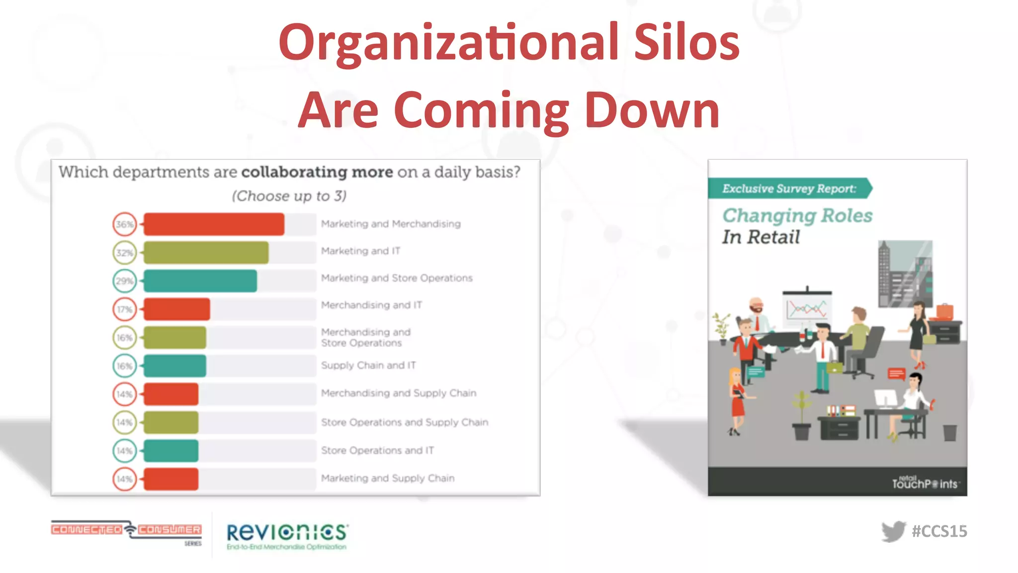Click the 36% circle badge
coord(124,224)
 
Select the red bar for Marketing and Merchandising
coord(214,224)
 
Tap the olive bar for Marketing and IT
coord(206,253)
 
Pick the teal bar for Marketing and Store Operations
coord(200,281)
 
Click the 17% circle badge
coord(124,309)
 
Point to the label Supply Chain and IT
coord(368,365)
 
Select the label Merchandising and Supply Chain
coord(399,393)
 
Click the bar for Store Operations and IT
coord(170,451)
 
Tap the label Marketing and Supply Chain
coord(388,478)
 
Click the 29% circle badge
coord(124,281)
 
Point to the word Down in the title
coord(652,110)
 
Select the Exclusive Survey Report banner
coord(789,189)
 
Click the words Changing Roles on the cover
coord(797,215)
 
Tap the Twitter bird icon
coord(893,531)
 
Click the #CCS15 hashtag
coord(939,531)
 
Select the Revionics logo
coord(287,535)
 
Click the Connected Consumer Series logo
coord(126,531)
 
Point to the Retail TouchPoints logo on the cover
coord(925,482)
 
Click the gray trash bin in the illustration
coord(950,433)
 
